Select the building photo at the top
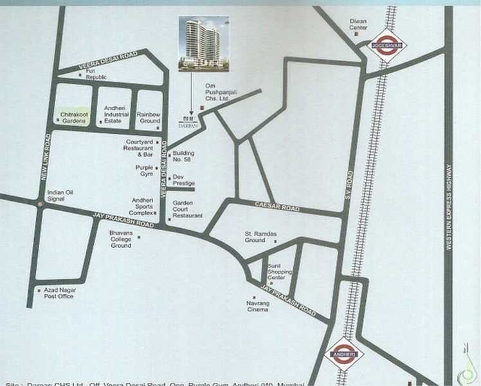tap(203, 42)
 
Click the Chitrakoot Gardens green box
tap(73, 117)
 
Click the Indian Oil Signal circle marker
tap(41, 203)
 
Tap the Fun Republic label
tap(96, 75)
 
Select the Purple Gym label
tap(143, 171)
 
